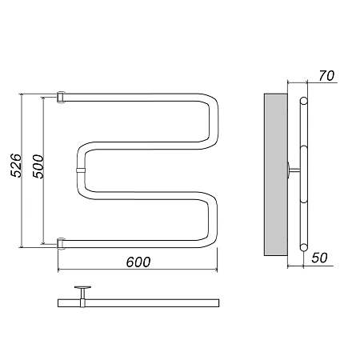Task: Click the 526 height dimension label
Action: [x=15, y=166]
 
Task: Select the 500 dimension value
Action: [x=38, y=166]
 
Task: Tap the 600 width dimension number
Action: [x=138, y=262]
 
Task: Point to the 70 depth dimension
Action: [x=326, y=76]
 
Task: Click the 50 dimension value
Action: [x=319, y=258]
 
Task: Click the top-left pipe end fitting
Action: [x=61, y=98]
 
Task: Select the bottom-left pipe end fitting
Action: [x=61, y=244]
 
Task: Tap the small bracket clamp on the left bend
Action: [x=81, y=170]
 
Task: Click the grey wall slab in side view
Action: [x=276, y=174]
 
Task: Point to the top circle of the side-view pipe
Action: [x=303, y=101]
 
